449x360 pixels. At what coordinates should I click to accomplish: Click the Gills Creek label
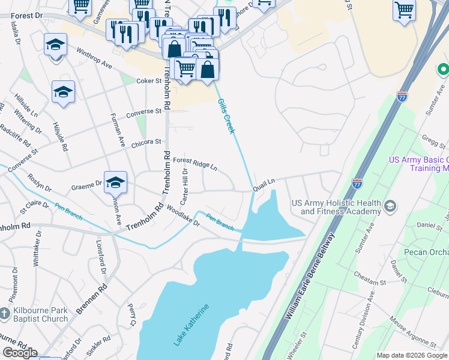[x=226, y=116]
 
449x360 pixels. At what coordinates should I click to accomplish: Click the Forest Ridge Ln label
[x=195, y=164]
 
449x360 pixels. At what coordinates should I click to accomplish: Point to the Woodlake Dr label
[x=184, y=217]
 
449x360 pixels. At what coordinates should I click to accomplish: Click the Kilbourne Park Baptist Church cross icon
[x=5, y=313]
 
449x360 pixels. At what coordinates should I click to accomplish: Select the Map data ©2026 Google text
[x=412, y=355]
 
